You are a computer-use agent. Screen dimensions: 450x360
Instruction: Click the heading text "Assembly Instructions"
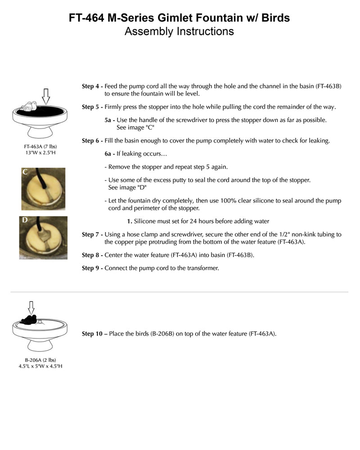point(179,31)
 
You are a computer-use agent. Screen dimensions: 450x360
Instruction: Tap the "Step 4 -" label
point(92,86)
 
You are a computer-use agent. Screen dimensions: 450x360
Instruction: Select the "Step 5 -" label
point(92,107)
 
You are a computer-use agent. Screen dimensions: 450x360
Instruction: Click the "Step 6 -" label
point(92,141)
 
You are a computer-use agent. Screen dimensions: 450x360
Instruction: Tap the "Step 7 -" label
point(92,234)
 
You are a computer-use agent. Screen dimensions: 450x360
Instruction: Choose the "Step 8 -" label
point(92,255)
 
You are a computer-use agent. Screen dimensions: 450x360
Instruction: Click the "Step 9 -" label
point(92,268)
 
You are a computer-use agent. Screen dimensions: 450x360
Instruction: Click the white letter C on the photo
point(26,172)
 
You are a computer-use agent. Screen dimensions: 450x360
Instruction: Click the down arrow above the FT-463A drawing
point(45,96)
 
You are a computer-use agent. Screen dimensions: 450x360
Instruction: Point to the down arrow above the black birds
point(31,307)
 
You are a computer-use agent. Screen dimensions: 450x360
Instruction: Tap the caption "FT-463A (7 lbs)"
point(40,147)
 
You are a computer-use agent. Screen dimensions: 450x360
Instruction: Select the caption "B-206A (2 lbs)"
point(40,360)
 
